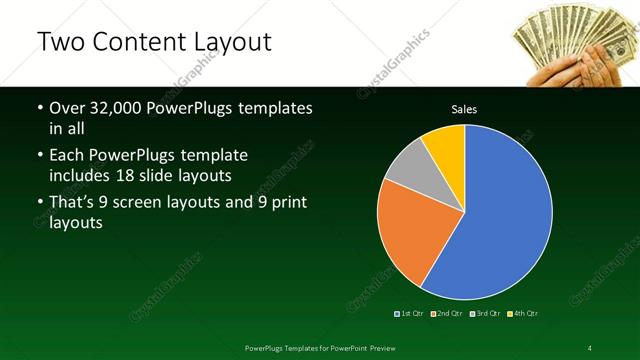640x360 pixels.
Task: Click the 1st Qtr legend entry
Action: coord(409,314)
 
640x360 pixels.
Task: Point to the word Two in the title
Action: coord(59,41)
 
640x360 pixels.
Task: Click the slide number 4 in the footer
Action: coord(590,347)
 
